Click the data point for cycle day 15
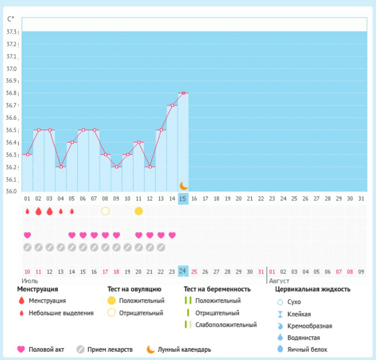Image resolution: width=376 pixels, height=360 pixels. coord(183,93)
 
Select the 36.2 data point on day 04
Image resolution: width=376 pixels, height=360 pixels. coord(61,167)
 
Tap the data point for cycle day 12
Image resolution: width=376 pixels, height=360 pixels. coord(150,167)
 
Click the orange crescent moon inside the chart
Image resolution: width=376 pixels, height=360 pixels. coord(183,185)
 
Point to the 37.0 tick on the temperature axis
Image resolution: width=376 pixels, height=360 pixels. coord(12,69)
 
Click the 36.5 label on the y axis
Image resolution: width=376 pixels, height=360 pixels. coord(12,130)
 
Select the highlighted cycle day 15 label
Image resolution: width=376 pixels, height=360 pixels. coord(183,198)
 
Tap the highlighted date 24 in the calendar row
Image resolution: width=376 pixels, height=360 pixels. coord(183,271)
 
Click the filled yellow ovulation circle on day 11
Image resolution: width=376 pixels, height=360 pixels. coord(139,211)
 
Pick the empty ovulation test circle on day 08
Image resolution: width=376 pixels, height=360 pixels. coord(105,211)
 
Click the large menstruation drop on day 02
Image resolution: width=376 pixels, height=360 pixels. coord(38,211)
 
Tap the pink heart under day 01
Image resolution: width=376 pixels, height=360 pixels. coord(27,235)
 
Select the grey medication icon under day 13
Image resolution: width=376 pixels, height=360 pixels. coord(161,248)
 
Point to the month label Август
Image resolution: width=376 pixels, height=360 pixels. coord(279,281)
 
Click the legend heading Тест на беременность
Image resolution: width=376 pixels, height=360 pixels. coord(217,289)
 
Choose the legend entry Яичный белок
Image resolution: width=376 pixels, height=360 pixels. coord(307,349)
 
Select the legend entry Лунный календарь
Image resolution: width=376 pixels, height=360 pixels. coord(184,349)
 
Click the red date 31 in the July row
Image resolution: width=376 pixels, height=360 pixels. coord(261,271)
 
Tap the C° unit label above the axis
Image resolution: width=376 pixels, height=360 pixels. coord(11,18)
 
